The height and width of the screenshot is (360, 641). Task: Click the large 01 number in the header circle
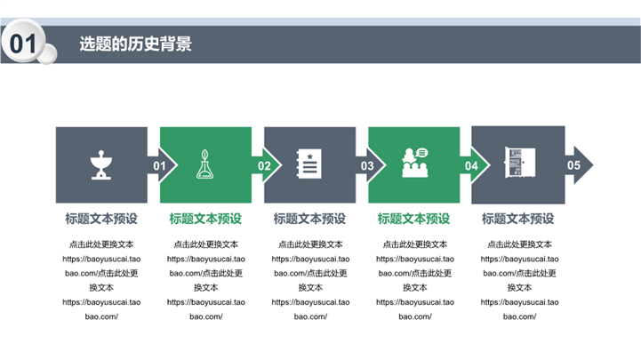[x=23, y=44]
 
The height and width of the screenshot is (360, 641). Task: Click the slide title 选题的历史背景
[x=136, y=44]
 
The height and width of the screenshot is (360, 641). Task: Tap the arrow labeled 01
[x=163, y=165]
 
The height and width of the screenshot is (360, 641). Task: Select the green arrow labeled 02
[x=267, y=165]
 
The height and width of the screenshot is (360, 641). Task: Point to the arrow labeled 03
[x=371, y=165]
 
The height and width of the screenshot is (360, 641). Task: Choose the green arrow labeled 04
[x=475, y=165]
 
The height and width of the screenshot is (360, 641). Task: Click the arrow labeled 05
[x=579, y=165]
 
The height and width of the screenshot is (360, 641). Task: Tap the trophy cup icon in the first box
[x=101, y=164]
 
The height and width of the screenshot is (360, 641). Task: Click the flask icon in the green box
[x=204, y=164]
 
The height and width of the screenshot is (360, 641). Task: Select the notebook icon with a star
[x=309, y=164]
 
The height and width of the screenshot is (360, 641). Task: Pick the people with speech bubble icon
[x=415, y=163]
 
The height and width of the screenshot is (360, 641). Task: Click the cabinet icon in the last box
[x=519, y=163]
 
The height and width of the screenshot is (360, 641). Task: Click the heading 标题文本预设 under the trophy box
[x=101, y=219]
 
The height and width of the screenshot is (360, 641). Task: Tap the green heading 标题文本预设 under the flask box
[x=205, y=219]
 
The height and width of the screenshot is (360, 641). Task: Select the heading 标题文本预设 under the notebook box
[x=310, y=219]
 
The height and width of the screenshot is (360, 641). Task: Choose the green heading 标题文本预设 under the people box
[x=413, y=219]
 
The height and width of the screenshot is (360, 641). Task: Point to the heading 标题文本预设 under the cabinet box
[x=518, y=219]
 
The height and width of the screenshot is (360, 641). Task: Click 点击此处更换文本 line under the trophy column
[x=101, y=244]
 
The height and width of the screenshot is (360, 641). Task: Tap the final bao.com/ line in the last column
[x=519, y=316]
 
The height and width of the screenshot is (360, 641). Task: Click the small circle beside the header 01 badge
[x=48, y=54]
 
